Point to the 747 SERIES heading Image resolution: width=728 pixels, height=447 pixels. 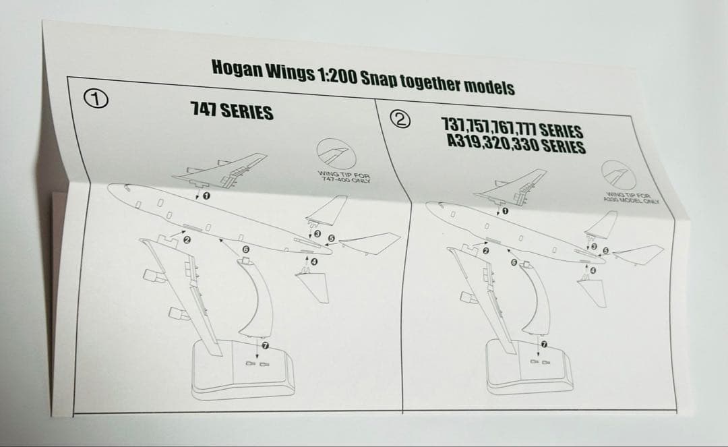[x=232, y=111]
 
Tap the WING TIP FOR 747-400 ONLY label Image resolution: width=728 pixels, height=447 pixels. [x=346, y=177]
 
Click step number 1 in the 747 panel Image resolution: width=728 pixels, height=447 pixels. [x=206, y=196]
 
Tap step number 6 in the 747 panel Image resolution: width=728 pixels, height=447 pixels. [x=246, y=250]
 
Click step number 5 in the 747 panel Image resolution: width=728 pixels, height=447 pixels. [x=331, y=239]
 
